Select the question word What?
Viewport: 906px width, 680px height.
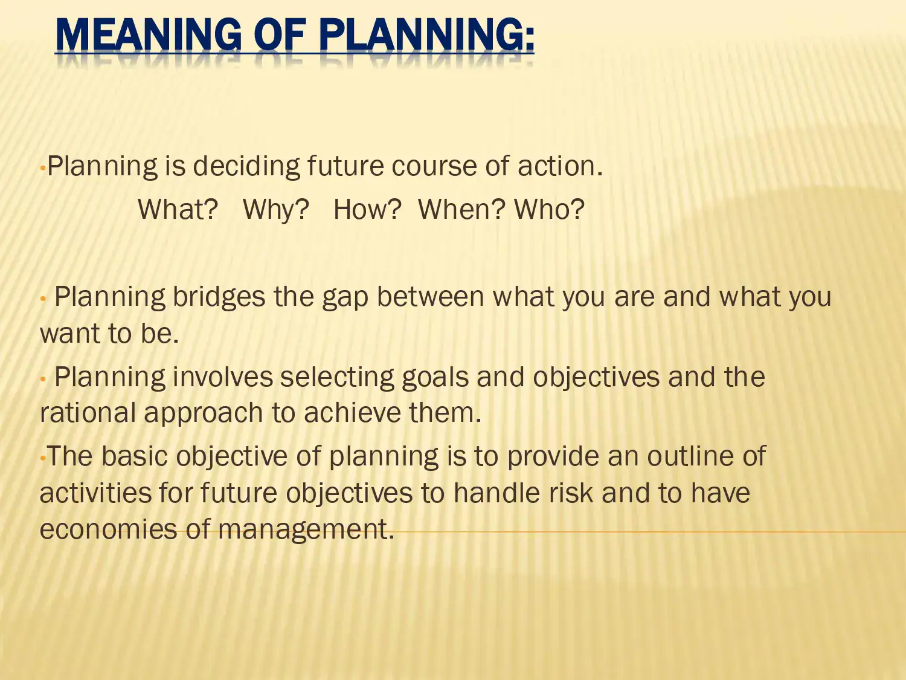click(178, 210)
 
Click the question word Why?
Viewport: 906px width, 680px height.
click(276, 210)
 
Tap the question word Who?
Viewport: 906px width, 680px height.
click(549, 210)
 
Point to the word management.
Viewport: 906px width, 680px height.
click(306, 530)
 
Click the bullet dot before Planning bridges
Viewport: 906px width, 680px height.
click(43, 299)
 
